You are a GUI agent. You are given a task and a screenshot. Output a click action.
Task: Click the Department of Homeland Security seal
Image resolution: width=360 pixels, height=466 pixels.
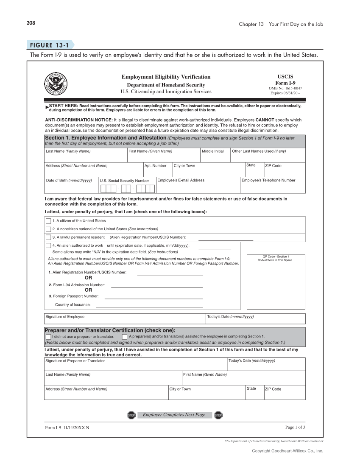(x=56, y=84)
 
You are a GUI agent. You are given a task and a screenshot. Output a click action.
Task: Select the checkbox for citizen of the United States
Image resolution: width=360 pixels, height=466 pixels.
(x=48, y=221)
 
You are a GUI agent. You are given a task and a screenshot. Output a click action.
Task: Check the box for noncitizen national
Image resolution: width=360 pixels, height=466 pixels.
(x=48, y=229)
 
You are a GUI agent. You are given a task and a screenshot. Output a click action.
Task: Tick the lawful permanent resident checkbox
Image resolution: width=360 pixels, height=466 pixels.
(x=48, y=237)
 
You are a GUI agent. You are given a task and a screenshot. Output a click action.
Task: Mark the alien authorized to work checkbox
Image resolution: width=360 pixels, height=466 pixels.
(x=48, y=246)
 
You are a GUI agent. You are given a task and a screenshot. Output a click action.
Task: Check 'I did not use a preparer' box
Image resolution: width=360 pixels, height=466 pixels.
(x=48, y=337)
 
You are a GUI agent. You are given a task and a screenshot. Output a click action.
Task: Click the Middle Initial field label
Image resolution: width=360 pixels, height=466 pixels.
(x=212, y=151)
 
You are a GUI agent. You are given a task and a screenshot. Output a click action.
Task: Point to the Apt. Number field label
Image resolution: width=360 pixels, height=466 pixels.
(x=155, y=166)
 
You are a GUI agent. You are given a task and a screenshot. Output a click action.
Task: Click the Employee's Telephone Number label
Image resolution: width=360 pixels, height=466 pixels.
(x=268, y=180)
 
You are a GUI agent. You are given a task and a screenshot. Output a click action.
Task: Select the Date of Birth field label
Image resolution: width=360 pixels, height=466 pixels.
(x=69, y=180)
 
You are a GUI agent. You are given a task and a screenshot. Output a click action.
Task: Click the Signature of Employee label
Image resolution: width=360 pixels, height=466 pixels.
(x=65, y=317)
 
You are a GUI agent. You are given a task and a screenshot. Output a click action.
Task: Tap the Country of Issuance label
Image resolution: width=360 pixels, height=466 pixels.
(x=73, y=305)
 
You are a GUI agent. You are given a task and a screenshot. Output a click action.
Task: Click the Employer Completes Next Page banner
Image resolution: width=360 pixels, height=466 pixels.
(x=174, y=415)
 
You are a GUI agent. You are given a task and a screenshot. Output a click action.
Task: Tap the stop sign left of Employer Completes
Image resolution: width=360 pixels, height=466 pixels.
(x=131, y=415)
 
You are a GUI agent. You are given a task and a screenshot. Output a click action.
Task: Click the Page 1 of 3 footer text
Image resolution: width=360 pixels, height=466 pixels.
(x=295, y=427)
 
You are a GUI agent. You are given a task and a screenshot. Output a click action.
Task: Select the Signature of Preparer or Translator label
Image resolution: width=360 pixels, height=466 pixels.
(x=75, y=361)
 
